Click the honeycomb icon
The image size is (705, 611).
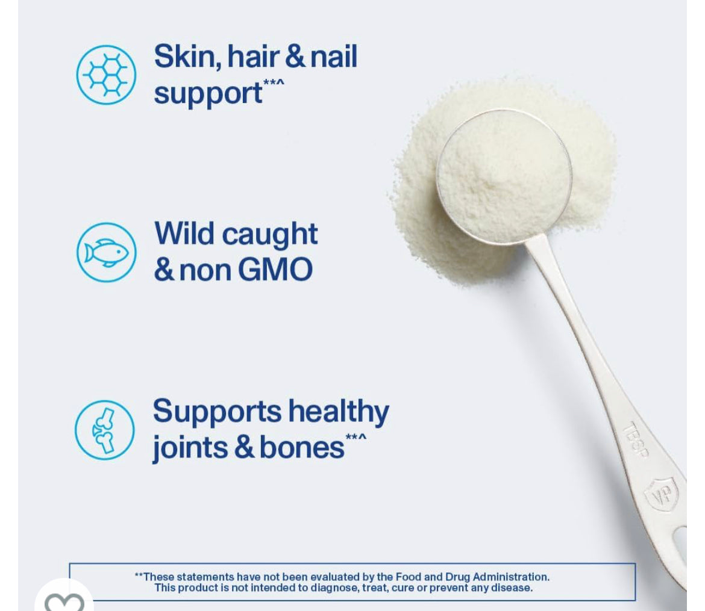coord(106,75)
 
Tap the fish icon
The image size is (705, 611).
coord(107,252)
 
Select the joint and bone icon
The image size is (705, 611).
coord(105,430)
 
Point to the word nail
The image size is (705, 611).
coord(334,57)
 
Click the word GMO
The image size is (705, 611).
coord(275,269)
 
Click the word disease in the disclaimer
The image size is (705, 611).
coord(512,588)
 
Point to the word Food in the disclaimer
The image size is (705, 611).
coord(408,577)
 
